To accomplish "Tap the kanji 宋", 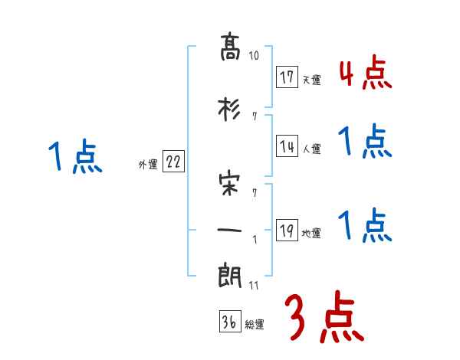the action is [231, 184].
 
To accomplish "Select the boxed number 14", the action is [287, 146].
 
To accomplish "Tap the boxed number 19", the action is [287, 230].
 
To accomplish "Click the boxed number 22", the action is [173, 162].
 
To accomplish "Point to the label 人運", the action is [311, 149].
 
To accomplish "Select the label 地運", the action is [311, 233].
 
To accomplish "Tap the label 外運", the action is [147, 164].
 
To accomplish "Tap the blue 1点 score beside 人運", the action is [365, 142].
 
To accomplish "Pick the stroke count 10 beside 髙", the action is [255, 56].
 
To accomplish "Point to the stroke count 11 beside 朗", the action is [255, 286].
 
